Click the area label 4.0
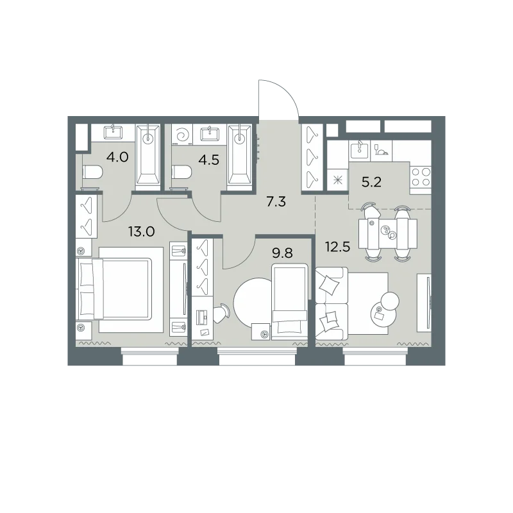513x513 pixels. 117,157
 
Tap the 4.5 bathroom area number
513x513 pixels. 208,160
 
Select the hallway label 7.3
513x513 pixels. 276,202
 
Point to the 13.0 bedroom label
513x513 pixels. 141,232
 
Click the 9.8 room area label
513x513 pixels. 282,253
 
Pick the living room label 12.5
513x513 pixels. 337,247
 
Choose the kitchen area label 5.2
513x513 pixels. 372,182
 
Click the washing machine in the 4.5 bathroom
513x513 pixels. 182,134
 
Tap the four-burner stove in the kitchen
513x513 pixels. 421,177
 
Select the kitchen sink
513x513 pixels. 360,151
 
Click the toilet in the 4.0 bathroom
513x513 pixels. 92,172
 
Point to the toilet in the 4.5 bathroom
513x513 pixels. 181,172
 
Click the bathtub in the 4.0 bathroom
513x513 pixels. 148,157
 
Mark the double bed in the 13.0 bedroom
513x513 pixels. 114,289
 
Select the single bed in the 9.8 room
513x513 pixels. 290,303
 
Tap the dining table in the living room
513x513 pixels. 388,233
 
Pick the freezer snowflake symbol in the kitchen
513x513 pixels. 338,180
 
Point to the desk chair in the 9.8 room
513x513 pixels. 223,313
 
